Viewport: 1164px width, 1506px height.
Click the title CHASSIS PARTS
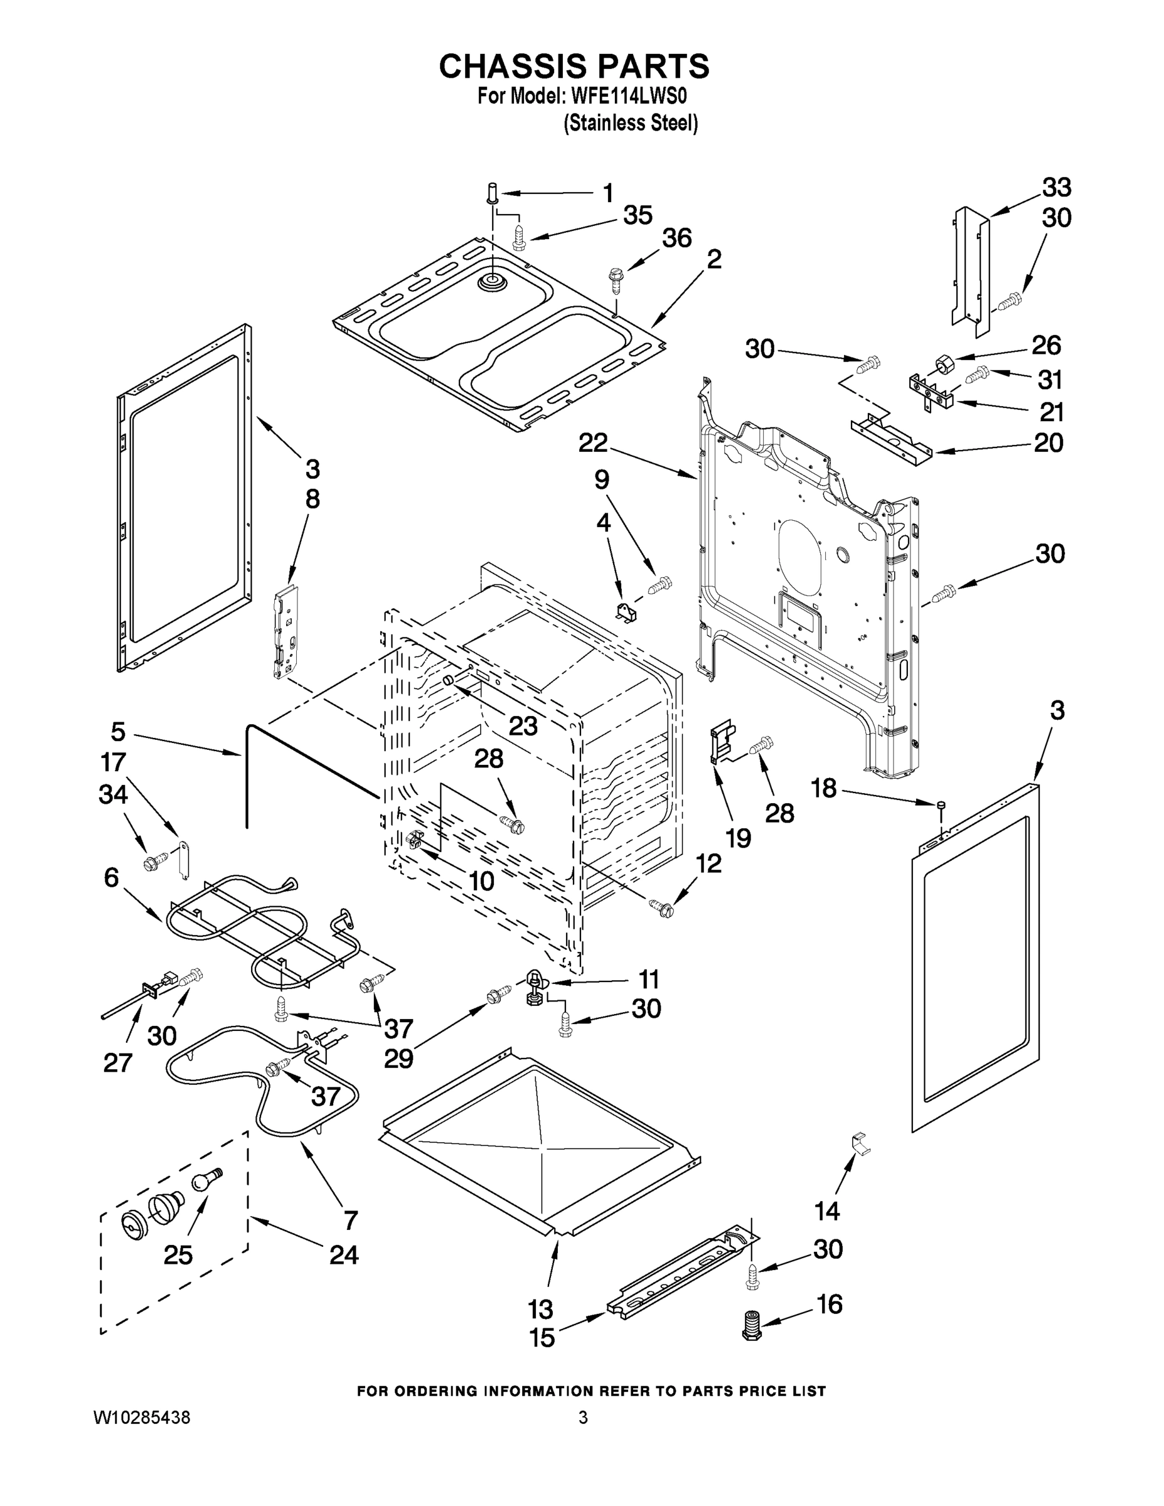coord(574,66)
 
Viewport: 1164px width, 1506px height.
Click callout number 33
coord(1055,188)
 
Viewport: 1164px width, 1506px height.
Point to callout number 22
coord(592,442)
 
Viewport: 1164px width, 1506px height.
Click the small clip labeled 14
coord(860,1143)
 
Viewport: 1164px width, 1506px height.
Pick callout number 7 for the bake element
coord(350,1219)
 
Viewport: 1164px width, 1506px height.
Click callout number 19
coord(737,838)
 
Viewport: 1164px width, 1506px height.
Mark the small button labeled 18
coord(942,804)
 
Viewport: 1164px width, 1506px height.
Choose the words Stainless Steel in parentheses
coord(630,124)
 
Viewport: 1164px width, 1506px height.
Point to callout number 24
coord(343,1254)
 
